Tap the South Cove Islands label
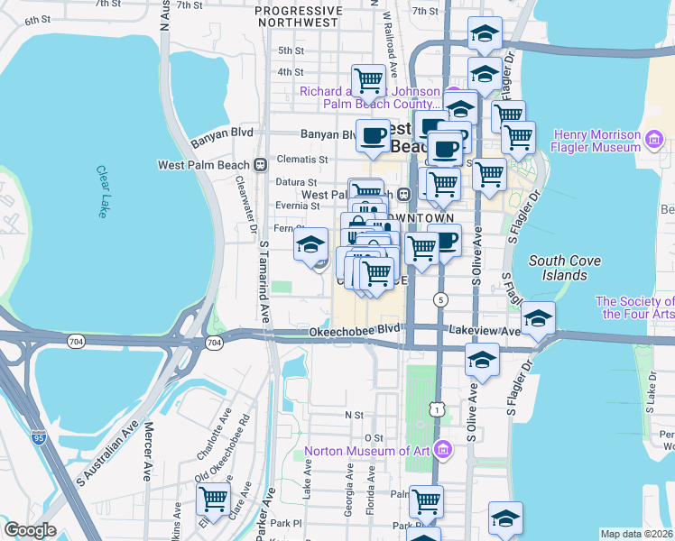pos(559,268)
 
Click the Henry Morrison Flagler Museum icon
pos(655,140)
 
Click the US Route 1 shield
pos(438,409)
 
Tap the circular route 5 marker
pos(440,299)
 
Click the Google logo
pos(29,530)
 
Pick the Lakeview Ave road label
pos(487,332)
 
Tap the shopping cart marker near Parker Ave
pos(213,497)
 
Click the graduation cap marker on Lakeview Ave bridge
pos(538,318)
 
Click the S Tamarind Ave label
pos(265,281)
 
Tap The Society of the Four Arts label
pos(634,307)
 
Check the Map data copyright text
pos(636,534)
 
